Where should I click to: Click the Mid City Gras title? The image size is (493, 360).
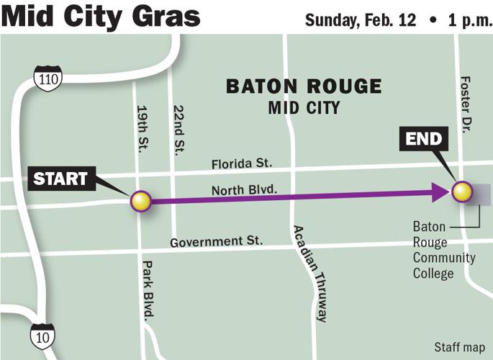(101, 17)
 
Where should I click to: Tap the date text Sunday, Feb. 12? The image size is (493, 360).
(361, 19)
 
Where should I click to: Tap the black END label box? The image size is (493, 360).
(423, 138)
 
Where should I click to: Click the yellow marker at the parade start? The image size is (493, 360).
(140, 201)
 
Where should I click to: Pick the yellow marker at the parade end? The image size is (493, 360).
(461, 192)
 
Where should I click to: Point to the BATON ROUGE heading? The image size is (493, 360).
(304, 87)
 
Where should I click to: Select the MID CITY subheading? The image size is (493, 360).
(304, 107)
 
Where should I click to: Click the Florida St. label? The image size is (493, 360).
(240, 164)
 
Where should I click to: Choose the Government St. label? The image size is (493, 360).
(217, 242)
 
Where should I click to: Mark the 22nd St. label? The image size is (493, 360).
(178, 130)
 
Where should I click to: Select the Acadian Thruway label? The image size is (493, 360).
(309, 273)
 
